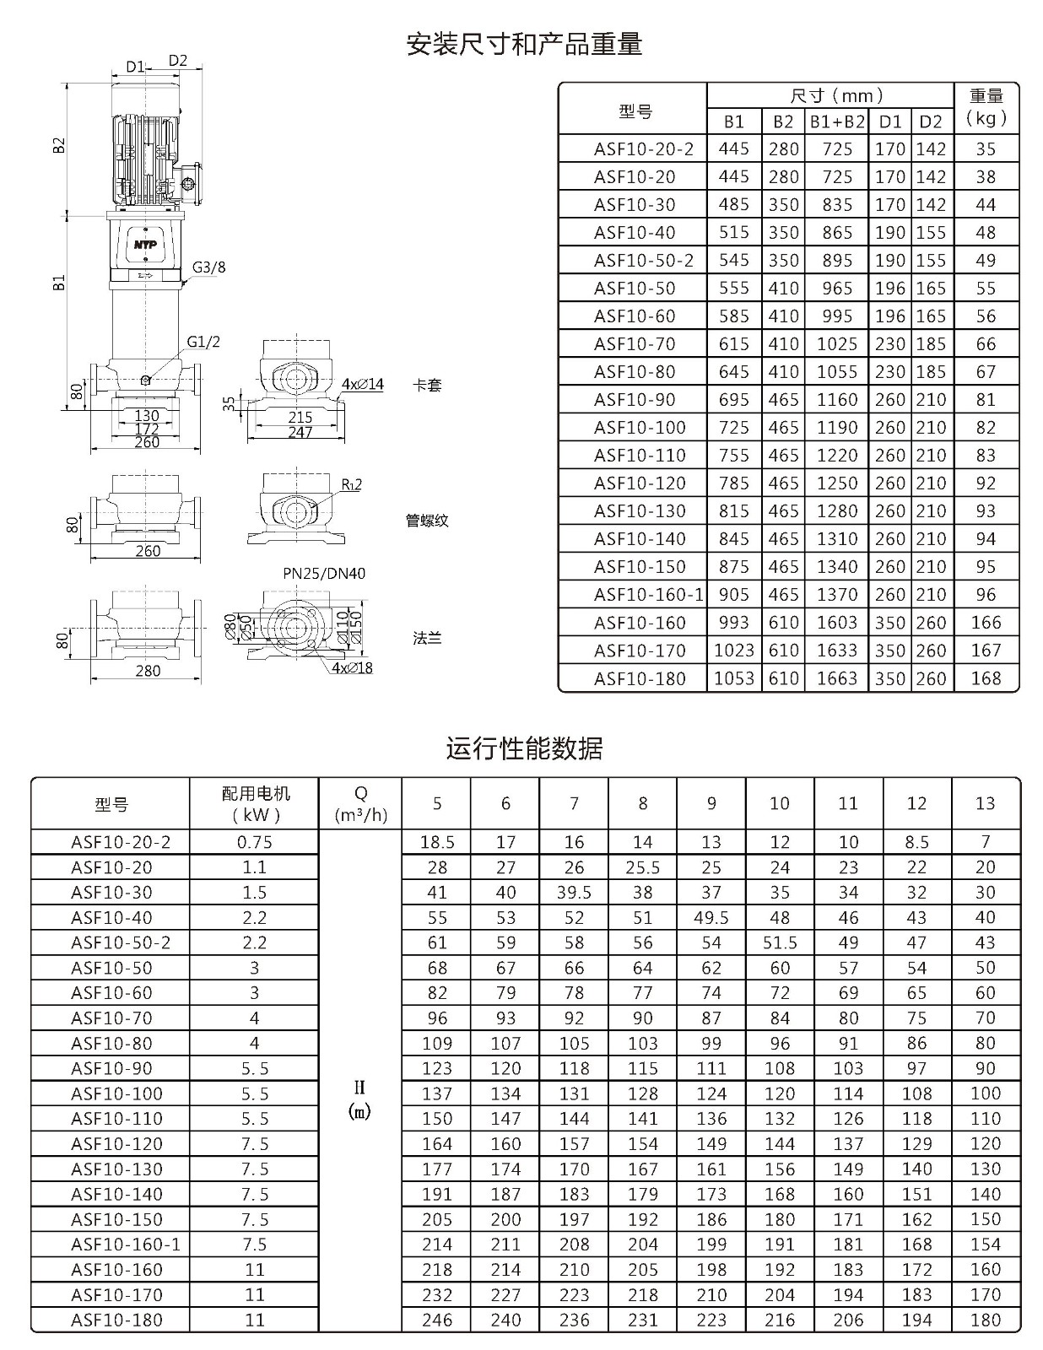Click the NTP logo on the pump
coord(145,244)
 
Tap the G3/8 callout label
coord(208,267)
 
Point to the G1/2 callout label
coord(203,342)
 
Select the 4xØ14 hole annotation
coord(363,385)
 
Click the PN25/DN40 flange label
coord(324,573)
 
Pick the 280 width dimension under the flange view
coord(148,671)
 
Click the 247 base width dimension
coord(300,432)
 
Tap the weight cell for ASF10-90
coord(986,399)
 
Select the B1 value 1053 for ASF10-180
coord(733,678)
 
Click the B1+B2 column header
coord(837,121)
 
